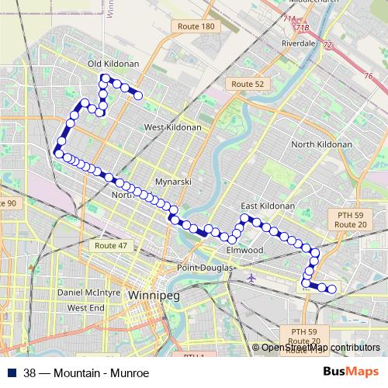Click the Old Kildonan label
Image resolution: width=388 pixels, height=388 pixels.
click(x=113, y=64)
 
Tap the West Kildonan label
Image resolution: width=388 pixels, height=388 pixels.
click(x=172, y=126)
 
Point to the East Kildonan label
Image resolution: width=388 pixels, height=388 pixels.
click(x=268, y=206)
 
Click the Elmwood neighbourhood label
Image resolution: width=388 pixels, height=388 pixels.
click(x=245, y=251)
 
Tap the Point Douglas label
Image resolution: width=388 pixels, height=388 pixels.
click(x=206, y=268)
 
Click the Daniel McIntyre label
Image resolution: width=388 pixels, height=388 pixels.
click(x=88, y=293)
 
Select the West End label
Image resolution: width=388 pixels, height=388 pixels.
click(x=85, y=308)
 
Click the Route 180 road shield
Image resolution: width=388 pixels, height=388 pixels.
click(x=196, y=26)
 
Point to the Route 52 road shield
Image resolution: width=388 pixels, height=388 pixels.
click(x=248, y=83)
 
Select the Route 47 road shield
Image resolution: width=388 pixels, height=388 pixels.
click(x=111, y=245)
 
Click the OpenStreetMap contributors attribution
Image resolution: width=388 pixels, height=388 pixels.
click(x=320, y=347)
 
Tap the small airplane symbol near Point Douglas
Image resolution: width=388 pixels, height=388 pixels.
click(x=251, y=277)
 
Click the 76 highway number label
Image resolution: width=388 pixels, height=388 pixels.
click(x=368, y=75)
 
